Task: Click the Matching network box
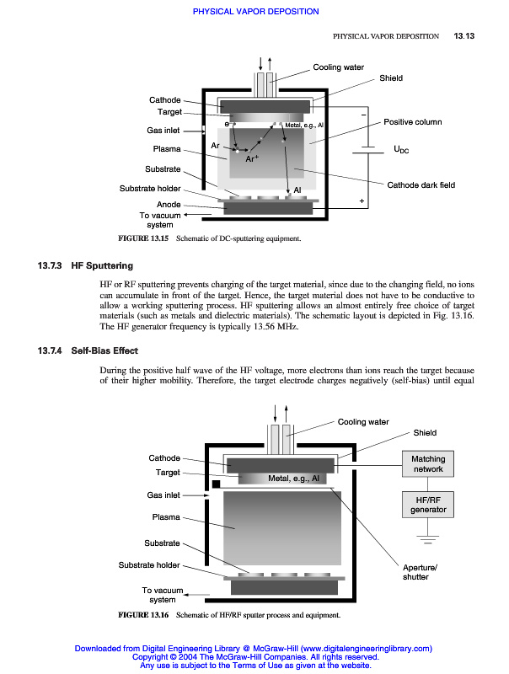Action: point(428,463)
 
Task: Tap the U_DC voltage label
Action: point(401,150)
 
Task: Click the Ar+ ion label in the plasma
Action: point(252,158)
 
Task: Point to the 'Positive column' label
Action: point(413,122)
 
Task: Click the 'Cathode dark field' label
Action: point(421,185)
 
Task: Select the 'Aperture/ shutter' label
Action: point(416,572)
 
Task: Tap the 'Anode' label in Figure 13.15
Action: point(169,205)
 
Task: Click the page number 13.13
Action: point(465,36)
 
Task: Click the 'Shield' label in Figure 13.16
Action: point(425,433)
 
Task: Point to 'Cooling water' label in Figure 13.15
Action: point(339,67)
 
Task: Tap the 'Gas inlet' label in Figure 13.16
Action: point(163,495)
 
